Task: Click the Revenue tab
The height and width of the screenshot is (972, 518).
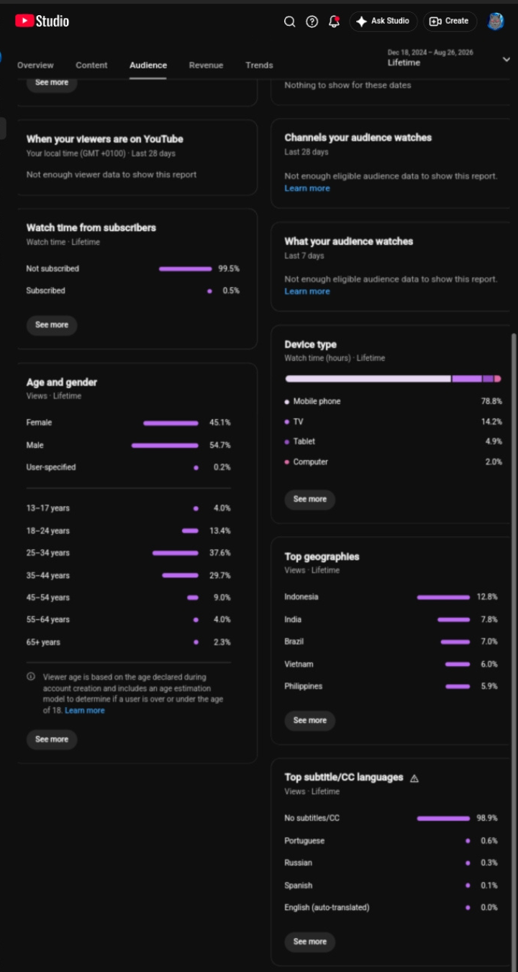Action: (x=206, y=65)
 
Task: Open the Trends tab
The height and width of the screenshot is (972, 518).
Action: (x=259, y=65)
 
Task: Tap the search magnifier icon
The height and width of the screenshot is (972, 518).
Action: (x=289, y=22)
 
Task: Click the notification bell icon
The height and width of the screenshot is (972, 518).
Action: (x=334, y=22)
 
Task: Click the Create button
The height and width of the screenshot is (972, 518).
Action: (x=450, y=22)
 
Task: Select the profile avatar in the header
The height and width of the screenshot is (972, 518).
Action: (x=496, y=22)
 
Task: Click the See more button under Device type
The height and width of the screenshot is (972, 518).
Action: (x=310, y=500)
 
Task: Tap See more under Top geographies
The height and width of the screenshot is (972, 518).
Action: (x=310, y=720)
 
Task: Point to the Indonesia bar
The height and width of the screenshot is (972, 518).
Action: (x=443, y=598)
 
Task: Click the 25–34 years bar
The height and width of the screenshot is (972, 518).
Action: (x=176, y=553)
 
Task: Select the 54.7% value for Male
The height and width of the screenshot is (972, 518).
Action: (x=219, y=445)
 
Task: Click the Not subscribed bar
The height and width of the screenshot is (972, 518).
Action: (x=186, y=269)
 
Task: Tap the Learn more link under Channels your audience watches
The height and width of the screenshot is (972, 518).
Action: (x=307, y=189)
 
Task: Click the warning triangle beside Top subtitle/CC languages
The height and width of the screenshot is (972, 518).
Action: (x=414, y=778)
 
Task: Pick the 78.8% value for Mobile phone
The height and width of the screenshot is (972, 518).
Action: (x=491, y=401)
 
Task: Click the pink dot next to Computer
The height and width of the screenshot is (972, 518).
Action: (x=286, y=462)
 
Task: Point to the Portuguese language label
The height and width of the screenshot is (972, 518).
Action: (x=304, y=841)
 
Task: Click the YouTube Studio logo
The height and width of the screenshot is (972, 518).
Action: (x=42, y=21)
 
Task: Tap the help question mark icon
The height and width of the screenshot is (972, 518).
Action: (x=312, y=22)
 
